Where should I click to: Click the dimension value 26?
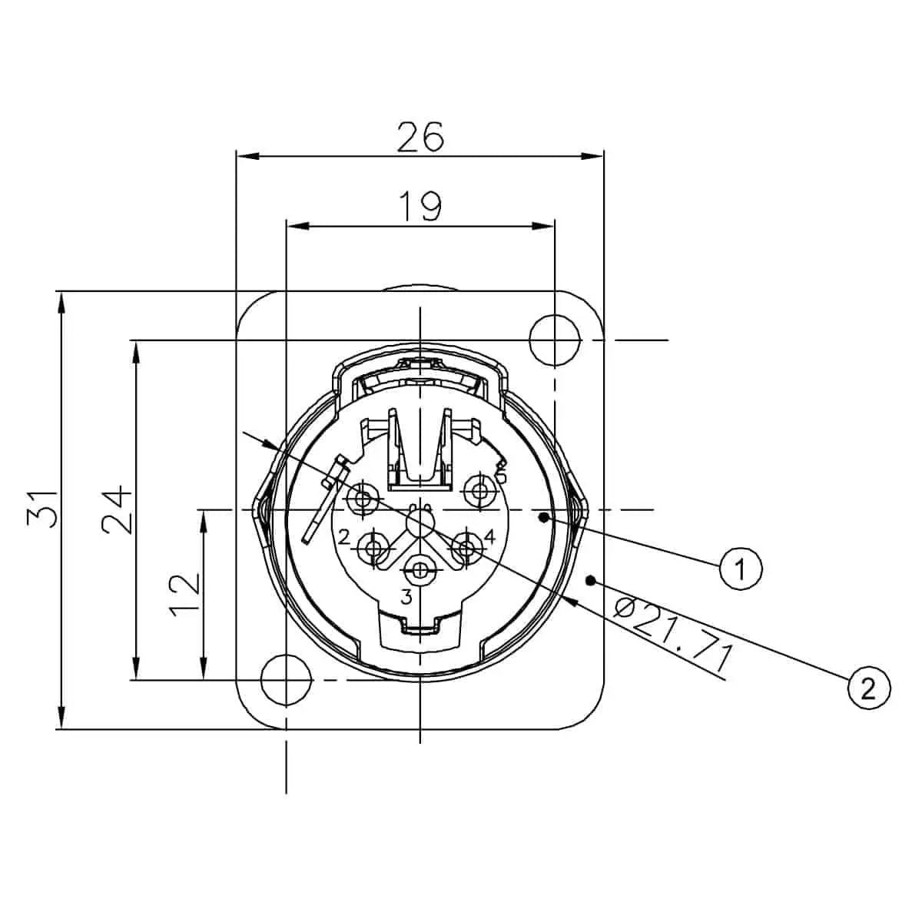(420, 137)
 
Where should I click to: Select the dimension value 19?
(420, 206)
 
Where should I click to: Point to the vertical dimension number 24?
(117, 509)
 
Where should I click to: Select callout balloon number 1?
(741, 569)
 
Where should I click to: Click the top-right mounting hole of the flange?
(555, 335)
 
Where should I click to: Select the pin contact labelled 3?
(420, 570)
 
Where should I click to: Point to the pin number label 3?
(406, 597)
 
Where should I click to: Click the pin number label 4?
(489, 534)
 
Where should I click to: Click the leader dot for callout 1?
(544, 519)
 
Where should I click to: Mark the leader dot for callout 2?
(591, 580)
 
